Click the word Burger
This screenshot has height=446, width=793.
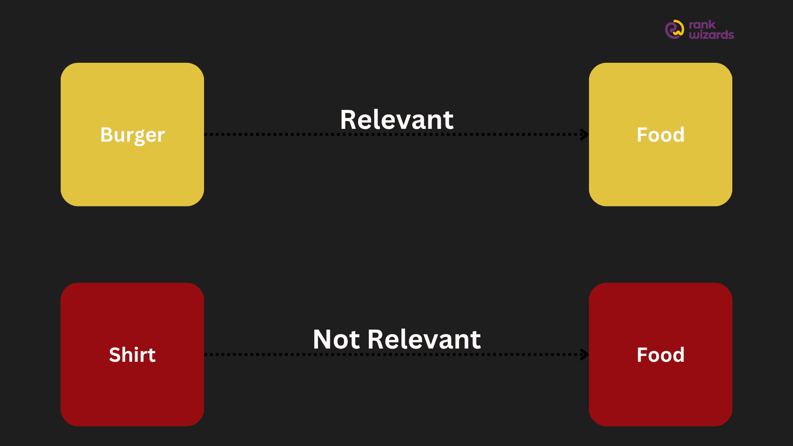pyautogui.click(x=133, y=135)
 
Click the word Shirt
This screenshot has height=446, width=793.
pyautogui.click(x=132, y=355)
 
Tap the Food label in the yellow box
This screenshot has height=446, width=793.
pyautogui.click(x=660, y=135)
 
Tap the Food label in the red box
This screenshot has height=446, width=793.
pyautogui.click(x=660, y=355)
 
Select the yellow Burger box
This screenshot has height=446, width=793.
pyautogui.click(x=132, y=134)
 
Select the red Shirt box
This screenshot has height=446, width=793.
pyautogui.click(x=132, y=354)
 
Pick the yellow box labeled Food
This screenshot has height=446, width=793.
pyautogui.click(x=660, y=134)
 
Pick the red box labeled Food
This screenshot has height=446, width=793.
pyautogui.click(x=660, y=354)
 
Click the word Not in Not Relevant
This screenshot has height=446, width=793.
pyautogui.click(x=336, y=339)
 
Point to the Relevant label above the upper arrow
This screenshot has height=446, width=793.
pyautogui.click(x=396, y=120)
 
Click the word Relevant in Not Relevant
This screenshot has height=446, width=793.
pyautogui.click(x=424, y=339)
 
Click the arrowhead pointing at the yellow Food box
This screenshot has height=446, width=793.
pyautogui.click(x=584, y=134)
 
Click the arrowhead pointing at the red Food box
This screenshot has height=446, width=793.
pyautogui.click(x=584, y=354)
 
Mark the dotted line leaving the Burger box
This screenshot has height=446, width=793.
pyautogui.click(x=396, y=134)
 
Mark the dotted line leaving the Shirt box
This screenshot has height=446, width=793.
pyautogui.click(x=396, y=354)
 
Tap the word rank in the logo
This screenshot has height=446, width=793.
pyautogui.click(x=702, y=25)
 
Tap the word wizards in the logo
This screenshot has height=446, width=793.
pyautogui.click(x=711, y=35)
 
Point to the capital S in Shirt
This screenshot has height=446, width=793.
pyautogui.click(x=115, y=355)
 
